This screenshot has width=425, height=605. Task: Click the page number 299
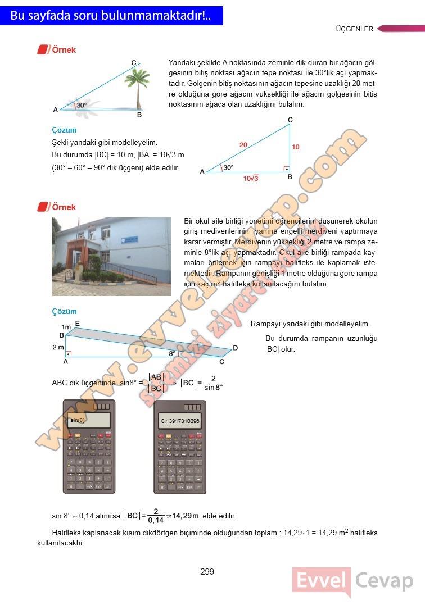point(207,572)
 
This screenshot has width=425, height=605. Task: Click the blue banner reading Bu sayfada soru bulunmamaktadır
point(111,16)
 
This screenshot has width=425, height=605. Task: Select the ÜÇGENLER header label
point(354,29)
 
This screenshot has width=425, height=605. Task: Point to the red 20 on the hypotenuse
point(243,145)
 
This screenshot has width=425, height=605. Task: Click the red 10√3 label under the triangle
point(251,179)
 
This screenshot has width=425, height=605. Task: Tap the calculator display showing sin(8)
point(88,420)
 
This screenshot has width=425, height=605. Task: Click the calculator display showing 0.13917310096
point(180,421)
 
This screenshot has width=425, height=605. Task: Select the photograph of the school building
point(111,257)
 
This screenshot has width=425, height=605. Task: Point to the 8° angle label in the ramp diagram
point(173,353)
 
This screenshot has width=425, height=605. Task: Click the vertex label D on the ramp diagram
point(235,348)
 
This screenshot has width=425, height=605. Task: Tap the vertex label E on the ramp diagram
point(77,323)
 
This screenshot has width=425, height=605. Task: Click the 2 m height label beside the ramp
point(58,347)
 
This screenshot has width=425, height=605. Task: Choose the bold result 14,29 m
point(186,516)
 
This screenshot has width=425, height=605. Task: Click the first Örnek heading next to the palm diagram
point(64,50)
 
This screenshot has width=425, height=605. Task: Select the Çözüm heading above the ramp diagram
point(64,311)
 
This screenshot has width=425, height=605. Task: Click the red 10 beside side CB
point(296,147)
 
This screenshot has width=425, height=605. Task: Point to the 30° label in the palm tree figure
point(82,105)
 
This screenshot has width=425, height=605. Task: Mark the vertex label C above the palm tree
point(133,62)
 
